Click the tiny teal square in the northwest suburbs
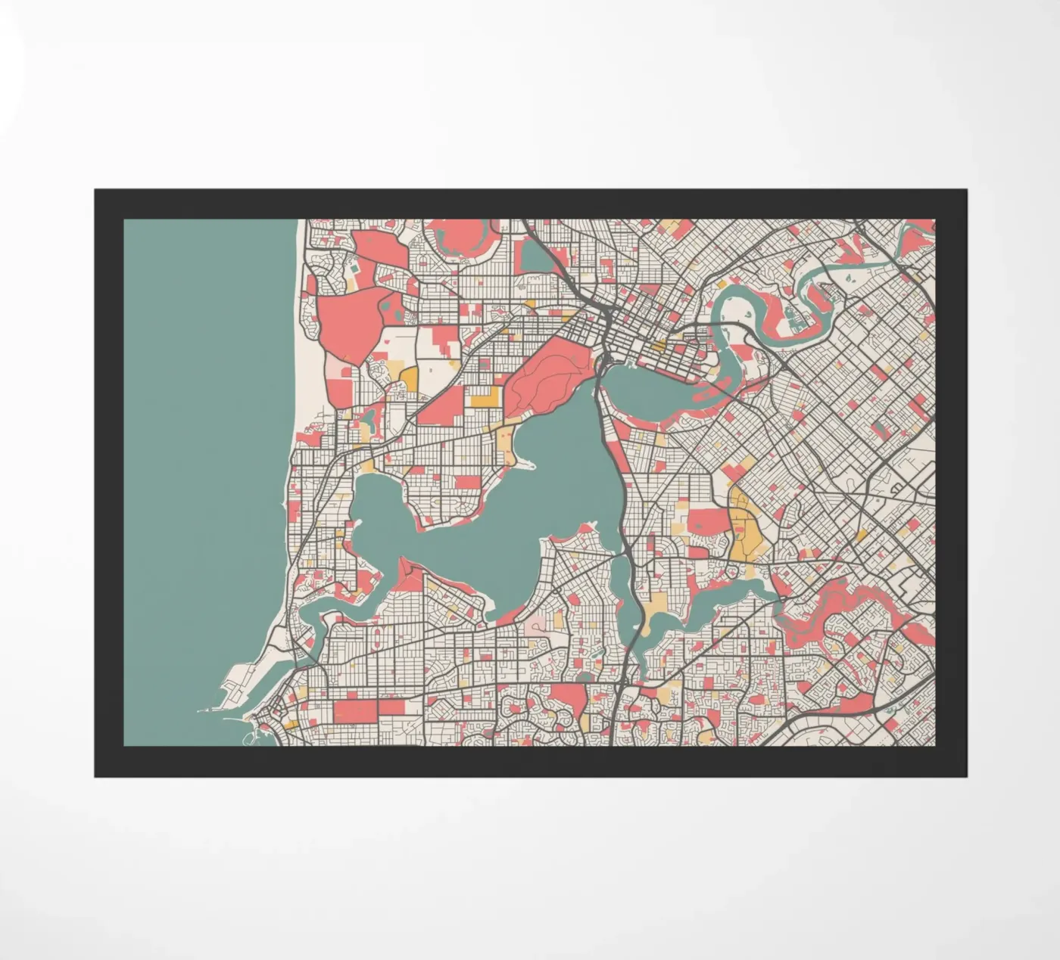353,268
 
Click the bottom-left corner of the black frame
96,775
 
